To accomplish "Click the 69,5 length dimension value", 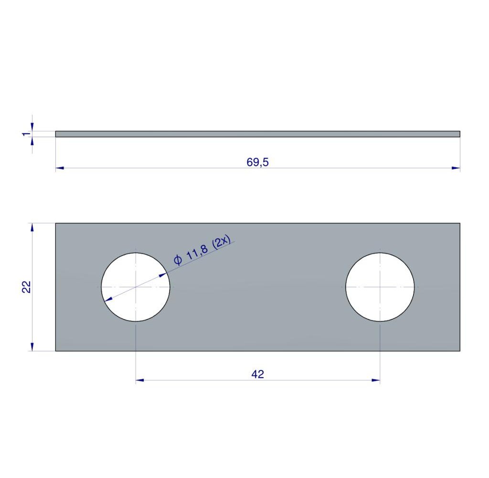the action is (x=257, y=163).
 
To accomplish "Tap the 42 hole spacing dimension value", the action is (x=257, y=374).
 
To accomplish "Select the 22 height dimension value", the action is (x=27, y=287).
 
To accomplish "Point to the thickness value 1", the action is (x=27, y=134).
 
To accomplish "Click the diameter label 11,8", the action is (x=197, y=253).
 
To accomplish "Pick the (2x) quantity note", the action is (x=221, y=242).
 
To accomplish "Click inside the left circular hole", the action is (x=136, y=287).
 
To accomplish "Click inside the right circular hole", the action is (x=380, y=287).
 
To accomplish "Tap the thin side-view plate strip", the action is (x=257, y=134).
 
